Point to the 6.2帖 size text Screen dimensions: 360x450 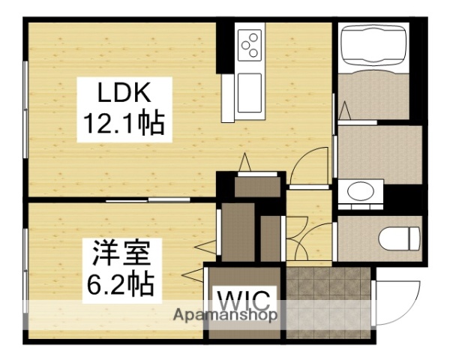click(x=122, y=283)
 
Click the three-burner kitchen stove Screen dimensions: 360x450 click(x=249, y=44)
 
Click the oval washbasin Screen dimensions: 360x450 click(x=361, y=192)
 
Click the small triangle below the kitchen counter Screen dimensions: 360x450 click(x=244, y=161)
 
